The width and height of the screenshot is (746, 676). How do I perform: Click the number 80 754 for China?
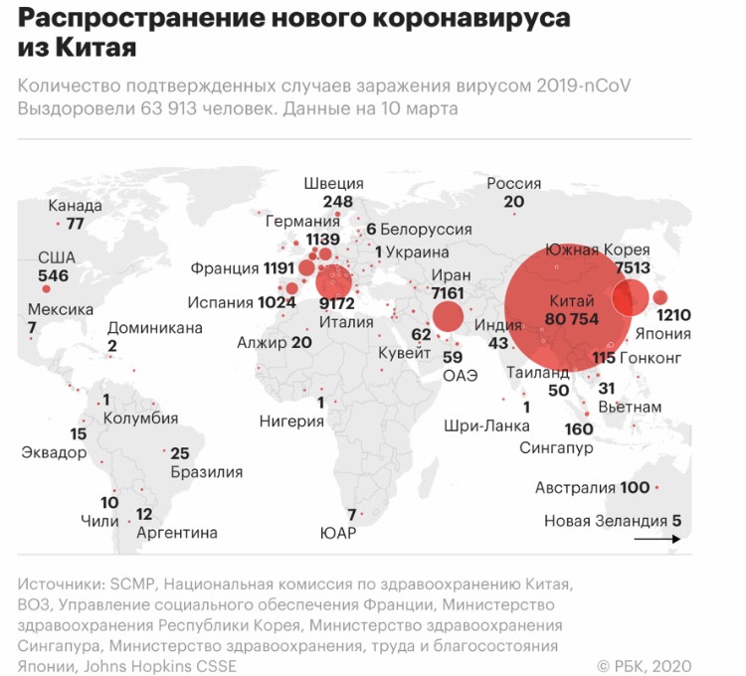click(x=571, y=318)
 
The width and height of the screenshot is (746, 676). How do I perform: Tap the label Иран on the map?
click(x=451, y=275)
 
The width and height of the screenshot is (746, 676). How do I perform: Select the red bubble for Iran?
click(x=448, y=316)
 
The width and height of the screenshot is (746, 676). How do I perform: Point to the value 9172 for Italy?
click(x=337, y=303)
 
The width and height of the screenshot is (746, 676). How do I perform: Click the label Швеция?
click(x=333, y=184)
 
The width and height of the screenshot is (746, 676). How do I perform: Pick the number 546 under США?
click(x=54, y=275)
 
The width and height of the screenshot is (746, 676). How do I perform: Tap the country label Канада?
click(x=76, y=206)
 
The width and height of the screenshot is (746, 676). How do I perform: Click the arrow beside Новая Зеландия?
click(x=657, y=539)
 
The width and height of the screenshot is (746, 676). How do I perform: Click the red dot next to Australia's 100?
click(x=657, y=487)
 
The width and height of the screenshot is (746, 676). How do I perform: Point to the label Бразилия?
click(x=207, y=472)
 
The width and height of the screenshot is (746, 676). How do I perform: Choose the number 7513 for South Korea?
click(x=633, y=268)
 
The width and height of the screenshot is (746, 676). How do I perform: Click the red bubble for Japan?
click(x=659, y=297)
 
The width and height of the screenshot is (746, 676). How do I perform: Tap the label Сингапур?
click(x=556, y=447)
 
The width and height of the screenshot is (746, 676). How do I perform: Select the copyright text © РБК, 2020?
click(x=644, y=666)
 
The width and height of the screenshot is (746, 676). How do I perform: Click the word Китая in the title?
click(x=96, y=47)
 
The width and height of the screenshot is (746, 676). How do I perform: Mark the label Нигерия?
click(x=291, y=422)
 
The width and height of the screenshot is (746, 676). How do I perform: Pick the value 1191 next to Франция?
click(x=279, y=268)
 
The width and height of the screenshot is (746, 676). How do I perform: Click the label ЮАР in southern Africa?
click(x=338, y=533)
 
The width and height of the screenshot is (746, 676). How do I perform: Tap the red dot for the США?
click(x=46, y=289)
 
